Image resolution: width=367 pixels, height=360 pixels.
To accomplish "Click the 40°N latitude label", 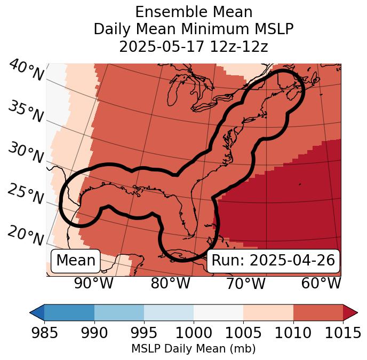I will (x=26, y=71).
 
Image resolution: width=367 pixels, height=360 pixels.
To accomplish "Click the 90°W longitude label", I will (x=93, y=284).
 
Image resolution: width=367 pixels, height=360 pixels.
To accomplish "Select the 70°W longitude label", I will (x=245, y=284).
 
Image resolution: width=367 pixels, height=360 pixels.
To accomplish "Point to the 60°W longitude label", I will (x=321, y=284).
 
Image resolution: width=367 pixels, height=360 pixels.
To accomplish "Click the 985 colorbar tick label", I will (x=44, y=333).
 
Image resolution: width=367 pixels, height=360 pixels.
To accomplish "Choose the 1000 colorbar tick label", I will (x=194, y=333).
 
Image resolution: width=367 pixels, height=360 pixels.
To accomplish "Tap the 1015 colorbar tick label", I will (x=342, y=333).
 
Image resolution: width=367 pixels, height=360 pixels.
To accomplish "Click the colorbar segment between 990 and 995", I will (x=119, y=312).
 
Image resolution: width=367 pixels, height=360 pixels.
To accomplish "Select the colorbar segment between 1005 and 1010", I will (x=268, y=312).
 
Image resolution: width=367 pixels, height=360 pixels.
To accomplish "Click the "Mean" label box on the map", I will (x=76, y=261).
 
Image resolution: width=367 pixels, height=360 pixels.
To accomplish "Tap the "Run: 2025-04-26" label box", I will (x=273, y=261).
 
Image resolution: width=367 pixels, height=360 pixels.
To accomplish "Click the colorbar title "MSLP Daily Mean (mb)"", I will (x=193, y=349).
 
